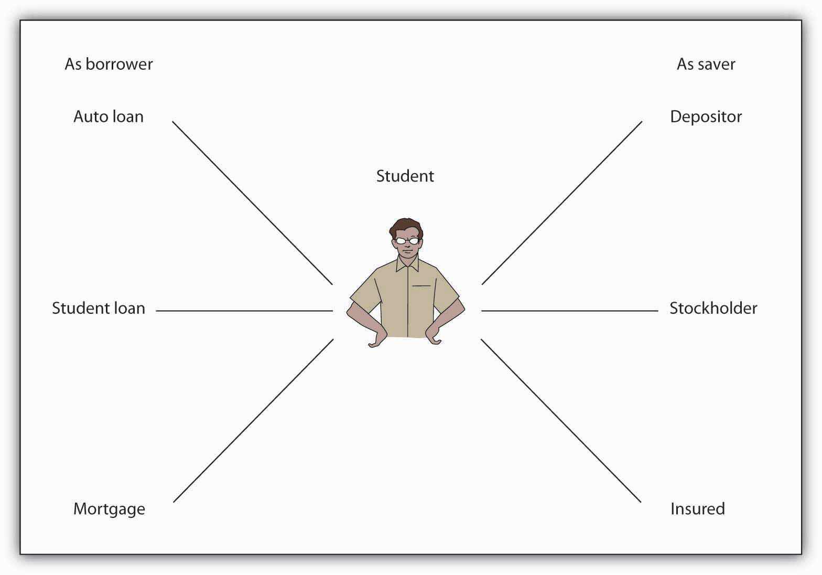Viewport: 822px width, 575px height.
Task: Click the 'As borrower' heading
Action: point(109,64)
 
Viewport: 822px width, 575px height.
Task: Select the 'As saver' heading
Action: point(706,64)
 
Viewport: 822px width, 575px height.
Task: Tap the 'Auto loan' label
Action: point(109,116)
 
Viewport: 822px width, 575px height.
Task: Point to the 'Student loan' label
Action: point(99,308)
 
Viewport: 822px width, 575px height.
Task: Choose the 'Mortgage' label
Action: point(109,509)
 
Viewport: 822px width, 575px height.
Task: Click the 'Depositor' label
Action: point(706,116)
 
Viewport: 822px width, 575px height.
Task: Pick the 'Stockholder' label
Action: point(713,308)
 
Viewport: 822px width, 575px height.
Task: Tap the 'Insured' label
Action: point(697,509)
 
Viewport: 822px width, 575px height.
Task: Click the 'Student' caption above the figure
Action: point(405,176)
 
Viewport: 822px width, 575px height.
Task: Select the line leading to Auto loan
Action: point(252,203)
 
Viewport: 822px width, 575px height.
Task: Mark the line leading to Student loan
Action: point(244,311)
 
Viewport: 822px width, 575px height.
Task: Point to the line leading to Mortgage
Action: point(253,421)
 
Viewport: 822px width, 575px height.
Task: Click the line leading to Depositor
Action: point(561,203)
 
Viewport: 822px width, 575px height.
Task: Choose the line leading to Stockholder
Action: point(569,311)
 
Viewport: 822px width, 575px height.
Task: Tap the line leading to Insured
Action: point(560,421)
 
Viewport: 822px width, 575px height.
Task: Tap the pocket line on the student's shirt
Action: point(421,286)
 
